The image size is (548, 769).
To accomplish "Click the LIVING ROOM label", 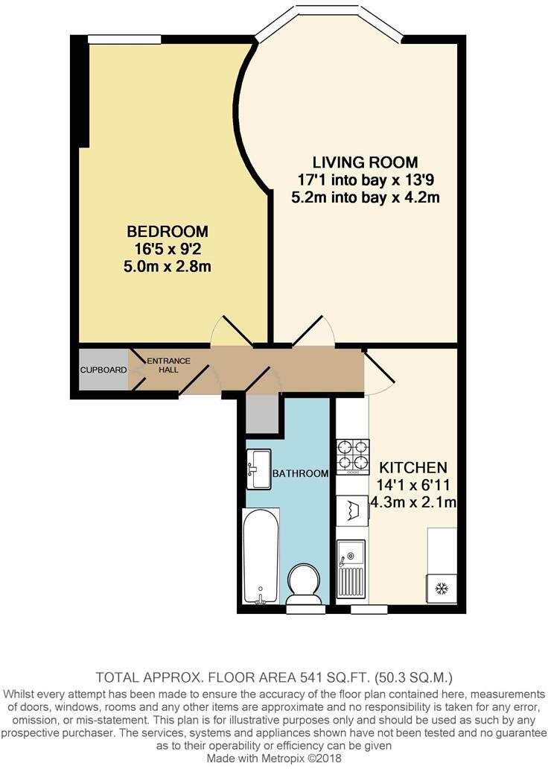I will [365, 162].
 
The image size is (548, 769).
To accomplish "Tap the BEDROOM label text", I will [167, 231].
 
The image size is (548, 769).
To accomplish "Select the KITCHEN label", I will [413, 468].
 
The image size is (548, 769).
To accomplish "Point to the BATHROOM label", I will [300, 474].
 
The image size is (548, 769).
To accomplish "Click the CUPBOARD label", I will [103, 369].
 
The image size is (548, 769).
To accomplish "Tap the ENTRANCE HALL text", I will [168, 366].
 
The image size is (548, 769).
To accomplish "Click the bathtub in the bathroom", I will [261, 555].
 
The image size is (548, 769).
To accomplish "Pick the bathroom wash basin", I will [259, 469].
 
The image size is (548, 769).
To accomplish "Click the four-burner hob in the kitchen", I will [353, 456].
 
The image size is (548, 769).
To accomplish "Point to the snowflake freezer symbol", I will [440, 589].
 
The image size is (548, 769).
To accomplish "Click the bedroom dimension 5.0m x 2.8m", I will [167, 266].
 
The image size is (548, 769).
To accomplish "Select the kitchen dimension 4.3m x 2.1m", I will [413, 502].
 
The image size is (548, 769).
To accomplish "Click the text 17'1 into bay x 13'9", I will [365, 180].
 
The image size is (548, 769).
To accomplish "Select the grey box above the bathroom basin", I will [263, 414].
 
